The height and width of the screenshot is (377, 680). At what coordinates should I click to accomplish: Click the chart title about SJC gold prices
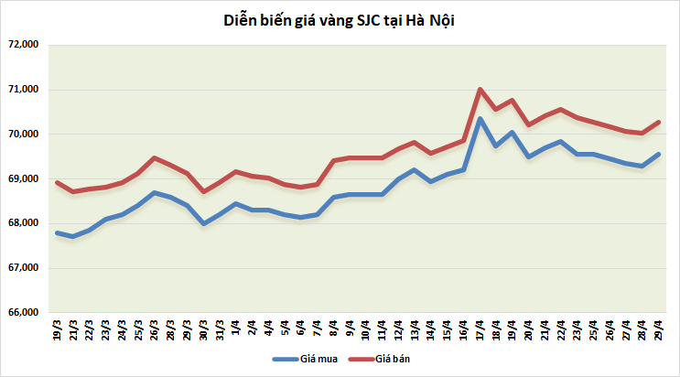(x=339, y=19)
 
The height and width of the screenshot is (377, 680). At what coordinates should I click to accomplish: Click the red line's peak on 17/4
(x=480, y=89)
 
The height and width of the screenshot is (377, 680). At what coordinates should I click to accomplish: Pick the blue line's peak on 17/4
(x=480, y=118)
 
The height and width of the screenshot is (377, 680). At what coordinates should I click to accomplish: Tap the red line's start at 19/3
(x=57, y=182)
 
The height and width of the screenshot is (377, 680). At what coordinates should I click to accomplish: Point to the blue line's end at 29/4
(x=659, y=154)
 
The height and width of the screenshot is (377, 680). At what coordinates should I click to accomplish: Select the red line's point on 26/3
(x=154, y=157)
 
